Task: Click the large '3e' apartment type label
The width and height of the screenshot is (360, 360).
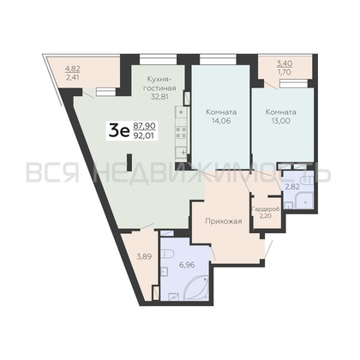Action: pyautogui.click(x=119, y=131)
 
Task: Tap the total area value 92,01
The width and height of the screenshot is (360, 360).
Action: pyautogui.click(x=144, y=135)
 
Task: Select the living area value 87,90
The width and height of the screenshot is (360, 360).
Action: pyautogui.click(x=144, y=126)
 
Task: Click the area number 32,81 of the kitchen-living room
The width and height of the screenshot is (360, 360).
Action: pyautogui.click(x=159, y=97)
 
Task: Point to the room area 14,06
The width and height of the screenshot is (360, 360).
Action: pyautogui.click(x=221, y=121)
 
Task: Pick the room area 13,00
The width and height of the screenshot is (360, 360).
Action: pyautogui.click(x=281, y=121)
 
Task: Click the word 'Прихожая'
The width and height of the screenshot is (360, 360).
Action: pyautogui.click(x=224, y=221)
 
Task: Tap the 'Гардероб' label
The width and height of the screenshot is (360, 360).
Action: pyautogui.click(x=266, y=209)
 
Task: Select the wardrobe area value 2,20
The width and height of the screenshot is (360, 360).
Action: pyautogui.click(x=266, y=216)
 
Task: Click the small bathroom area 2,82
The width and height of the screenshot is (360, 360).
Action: pyautogui.click(x=292, y=187)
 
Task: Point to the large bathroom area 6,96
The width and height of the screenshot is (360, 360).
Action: pyautogui.click(x=187, y=265)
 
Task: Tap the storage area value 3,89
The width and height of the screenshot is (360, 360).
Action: pyautogui.click(x=144, y=256)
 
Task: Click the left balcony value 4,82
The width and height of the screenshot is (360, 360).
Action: pyautogui.click(x=73, y=69)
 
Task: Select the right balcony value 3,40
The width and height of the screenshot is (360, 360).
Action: pyautogui.click(x=285, y=63)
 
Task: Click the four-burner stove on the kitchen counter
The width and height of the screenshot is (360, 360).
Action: pyautogui.click(x=181, y=132)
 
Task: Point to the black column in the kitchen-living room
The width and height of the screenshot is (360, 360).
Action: pyautogui.click(x=129, y=163)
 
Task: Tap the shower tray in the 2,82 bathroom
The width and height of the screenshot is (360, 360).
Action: pyautogui.click(x=304, y=201)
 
